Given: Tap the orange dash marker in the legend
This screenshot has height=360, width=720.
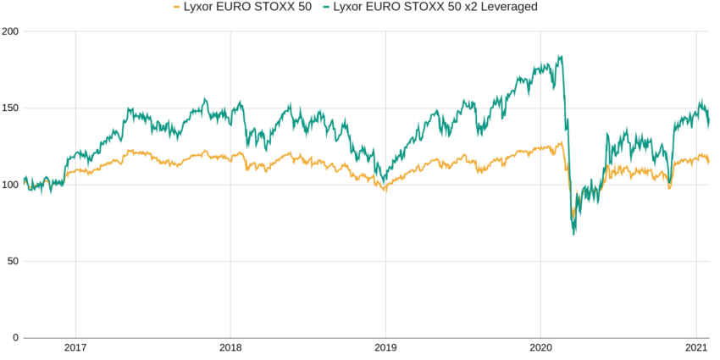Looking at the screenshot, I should click(x=176, y=7).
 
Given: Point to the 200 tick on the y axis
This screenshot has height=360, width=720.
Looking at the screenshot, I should click(x=10, y=31).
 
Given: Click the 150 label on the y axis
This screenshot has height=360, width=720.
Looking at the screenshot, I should click(x=10, y=108).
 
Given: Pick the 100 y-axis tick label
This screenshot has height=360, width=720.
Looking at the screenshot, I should click(x=10, y=185).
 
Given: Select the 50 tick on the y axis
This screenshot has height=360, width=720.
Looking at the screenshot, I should click(x=13, y=261).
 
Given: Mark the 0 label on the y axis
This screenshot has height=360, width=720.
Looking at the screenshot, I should click(x=15, y=338).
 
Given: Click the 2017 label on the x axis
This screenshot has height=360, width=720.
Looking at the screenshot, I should click(x=75, y=347).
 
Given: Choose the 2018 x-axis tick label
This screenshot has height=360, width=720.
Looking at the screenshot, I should click(x=230, y=347).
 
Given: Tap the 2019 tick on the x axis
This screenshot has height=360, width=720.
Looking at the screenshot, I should click(x=385, y=347).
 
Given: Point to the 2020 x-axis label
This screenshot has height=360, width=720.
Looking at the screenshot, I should click(x=540, y=347).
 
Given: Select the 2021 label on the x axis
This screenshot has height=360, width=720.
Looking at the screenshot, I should click(x=695, y=347).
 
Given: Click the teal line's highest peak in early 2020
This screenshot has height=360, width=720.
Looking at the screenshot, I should click(x=560, y=57).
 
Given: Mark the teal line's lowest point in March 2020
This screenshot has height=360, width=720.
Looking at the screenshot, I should click(x=573, y=234).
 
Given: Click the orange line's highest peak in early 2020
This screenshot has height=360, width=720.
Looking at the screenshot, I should click(x=560, y=142).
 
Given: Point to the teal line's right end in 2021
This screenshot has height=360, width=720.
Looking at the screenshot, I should click(x=709, y=124).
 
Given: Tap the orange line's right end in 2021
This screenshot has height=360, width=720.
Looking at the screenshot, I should click(x=709, y=162).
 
